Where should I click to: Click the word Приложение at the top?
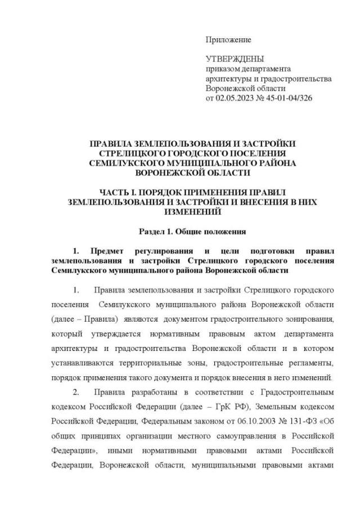[228, 40]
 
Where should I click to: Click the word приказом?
[222, 69]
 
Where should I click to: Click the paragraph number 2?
[76, 391]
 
